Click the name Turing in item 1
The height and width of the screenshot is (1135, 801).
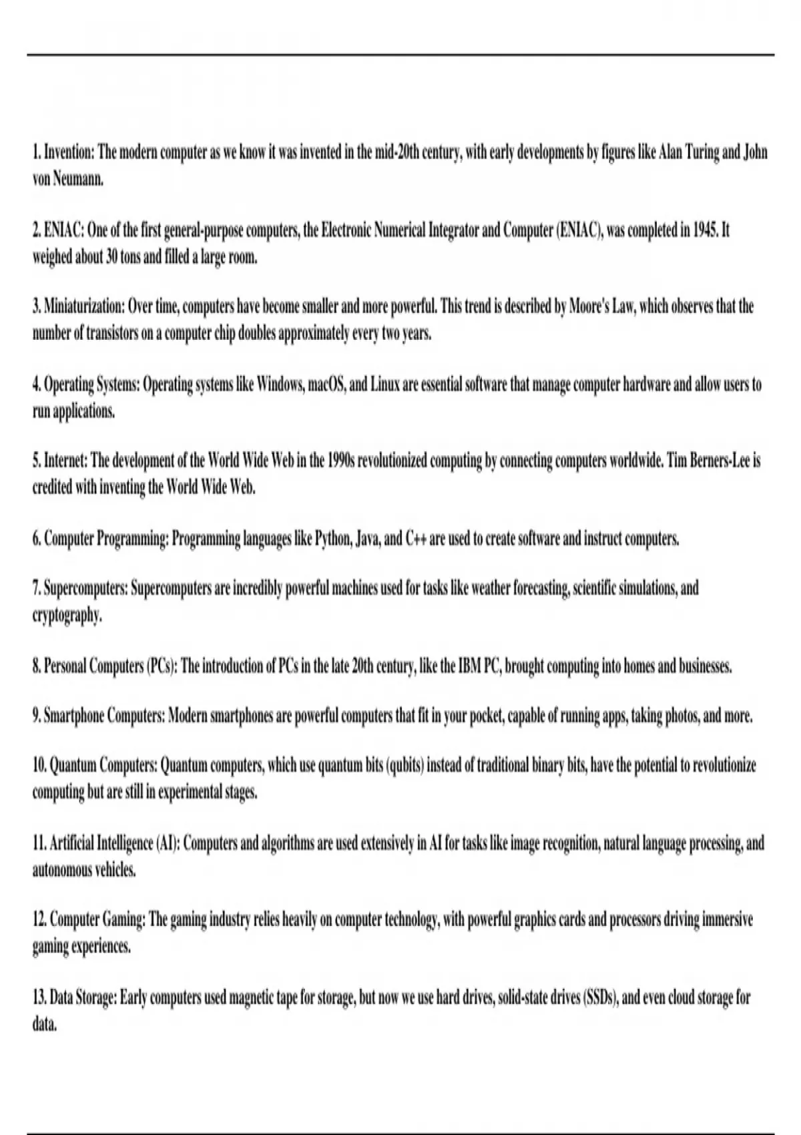[703, 153]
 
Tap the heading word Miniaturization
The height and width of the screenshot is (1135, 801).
[84, 306]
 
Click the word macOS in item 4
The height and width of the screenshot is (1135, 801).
[327, 385]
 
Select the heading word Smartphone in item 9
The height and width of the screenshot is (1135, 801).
[74, 716]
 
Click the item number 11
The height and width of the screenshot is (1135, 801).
[39, 843]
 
